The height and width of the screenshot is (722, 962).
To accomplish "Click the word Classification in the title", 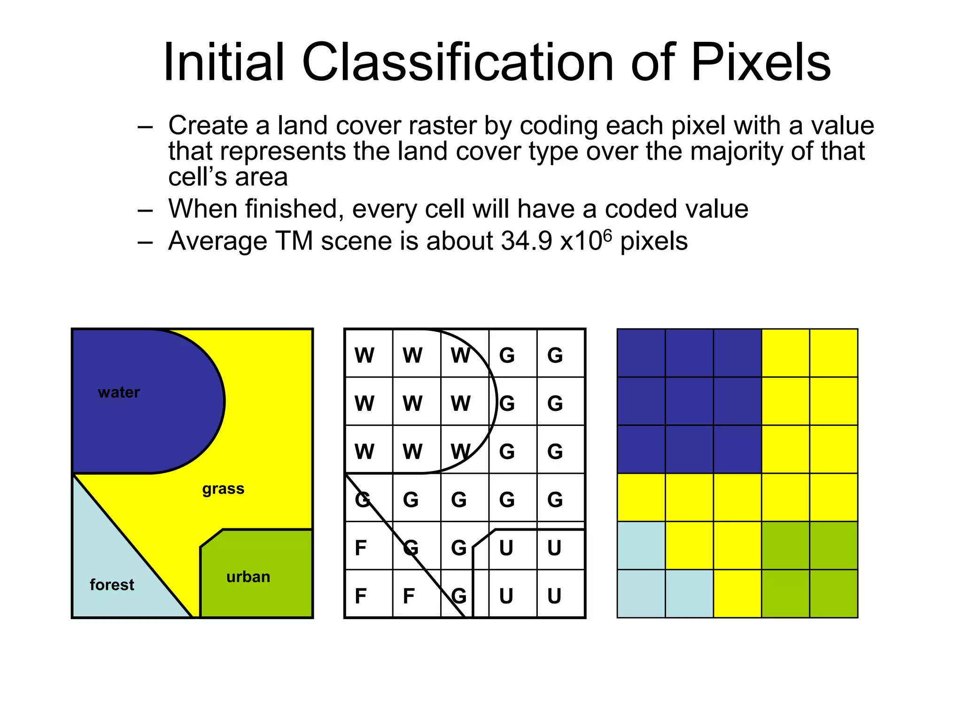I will [458, 63].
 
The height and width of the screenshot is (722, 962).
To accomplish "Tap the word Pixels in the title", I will [760, 63].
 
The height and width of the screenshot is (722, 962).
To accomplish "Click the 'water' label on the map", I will [119, 392].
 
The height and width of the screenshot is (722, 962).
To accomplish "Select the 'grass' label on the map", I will [223, 489].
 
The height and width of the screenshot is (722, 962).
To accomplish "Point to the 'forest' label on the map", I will [112, 585].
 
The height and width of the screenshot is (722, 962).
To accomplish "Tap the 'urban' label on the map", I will [248, 577].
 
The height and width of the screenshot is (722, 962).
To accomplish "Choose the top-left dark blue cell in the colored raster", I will [641, 353].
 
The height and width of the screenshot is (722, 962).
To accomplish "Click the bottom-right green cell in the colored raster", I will [834, 594].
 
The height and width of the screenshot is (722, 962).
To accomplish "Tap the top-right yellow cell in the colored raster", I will [834, 353].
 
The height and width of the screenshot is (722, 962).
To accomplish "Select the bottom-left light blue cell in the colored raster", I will [641, 594].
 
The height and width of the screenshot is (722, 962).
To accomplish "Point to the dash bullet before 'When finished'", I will [145, 210].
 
